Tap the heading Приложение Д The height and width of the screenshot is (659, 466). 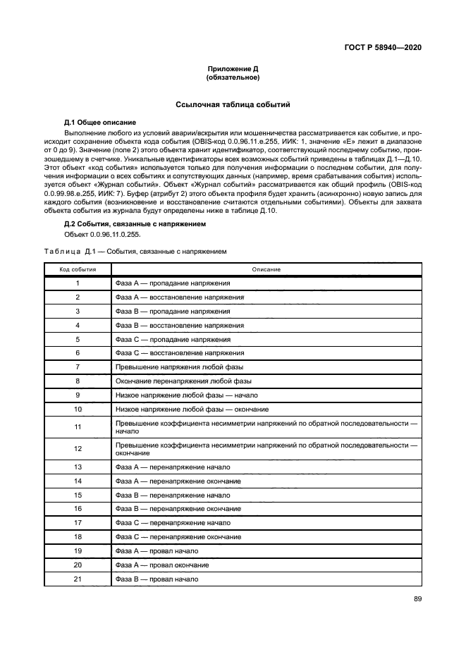pos(233,68)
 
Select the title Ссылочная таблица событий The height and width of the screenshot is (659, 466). pos(233,104)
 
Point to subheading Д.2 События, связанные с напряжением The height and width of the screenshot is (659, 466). pos(135,223)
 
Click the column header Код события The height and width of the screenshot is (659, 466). pos(78,269)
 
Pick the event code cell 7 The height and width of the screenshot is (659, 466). pos(78,367)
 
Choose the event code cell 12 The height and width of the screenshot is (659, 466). pos(78,448)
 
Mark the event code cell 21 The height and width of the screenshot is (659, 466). pos(78,579)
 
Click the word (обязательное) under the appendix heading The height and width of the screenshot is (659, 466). pos(233,77)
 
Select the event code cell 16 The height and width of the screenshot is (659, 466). pos(78,508)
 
